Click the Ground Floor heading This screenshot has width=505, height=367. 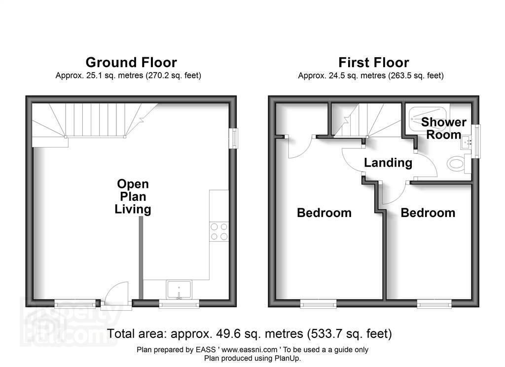point(131,62)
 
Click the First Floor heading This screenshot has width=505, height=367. point(374,62)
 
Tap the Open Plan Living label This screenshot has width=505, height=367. point(133,196)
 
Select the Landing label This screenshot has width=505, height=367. point(388,163)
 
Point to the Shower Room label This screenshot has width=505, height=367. point(444,128)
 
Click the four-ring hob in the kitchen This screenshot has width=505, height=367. point(219,232)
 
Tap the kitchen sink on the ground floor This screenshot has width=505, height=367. point(179,290)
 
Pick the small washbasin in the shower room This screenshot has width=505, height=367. point(466,142)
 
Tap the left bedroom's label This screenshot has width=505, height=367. point(324,213)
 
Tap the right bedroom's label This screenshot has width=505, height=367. point(428,213)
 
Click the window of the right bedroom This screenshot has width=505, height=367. point(434,303)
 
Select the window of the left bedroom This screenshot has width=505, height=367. point(318,303)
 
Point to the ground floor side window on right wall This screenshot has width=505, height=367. point(233,139)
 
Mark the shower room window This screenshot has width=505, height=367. point(476,141)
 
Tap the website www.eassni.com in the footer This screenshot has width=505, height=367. point(249,350)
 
